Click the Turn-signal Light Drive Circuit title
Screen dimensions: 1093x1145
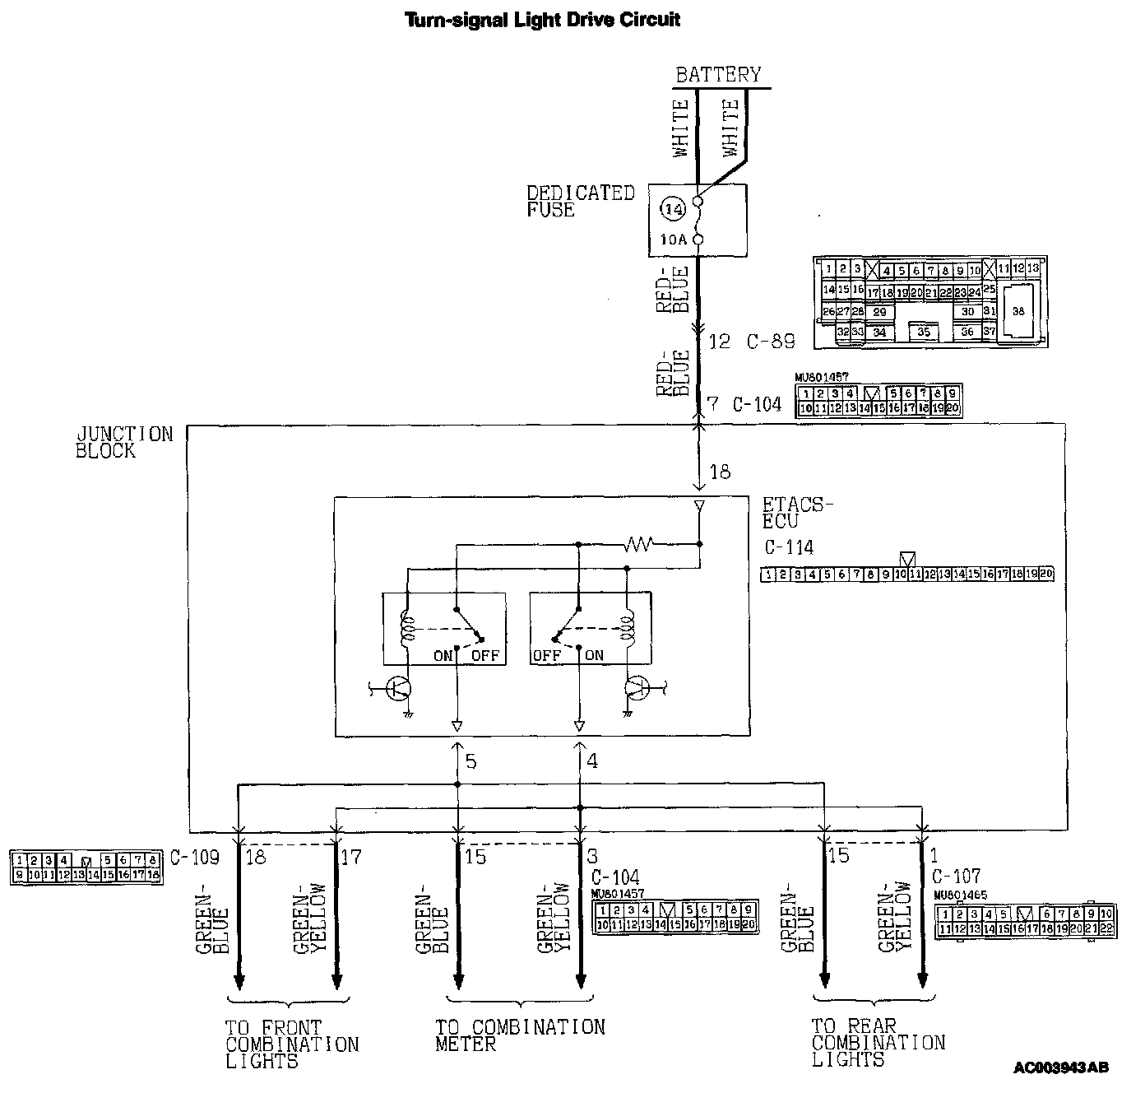coord(543,19)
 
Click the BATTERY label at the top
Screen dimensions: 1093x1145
coord(718,75)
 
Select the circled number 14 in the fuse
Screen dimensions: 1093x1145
coord(673,209)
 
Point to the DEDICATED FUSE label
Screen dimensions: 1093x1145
coord(580,201)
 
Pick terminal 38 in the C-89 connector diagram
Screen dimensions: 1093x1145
coord(1018,311)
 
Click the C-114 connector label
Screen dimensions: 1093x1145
coord(788,547)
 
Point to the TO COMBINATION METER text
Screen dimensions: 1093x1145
coord(519,1035)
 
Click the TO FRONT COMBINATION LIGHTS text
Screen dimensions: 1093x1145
coord(291,1044)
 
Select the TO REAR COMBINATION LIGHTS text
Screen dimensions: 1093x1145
coord(878,1043)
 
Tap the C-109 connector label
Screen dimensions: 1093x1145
coord(195,857)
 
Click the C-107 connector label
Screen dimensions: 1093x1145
coord(956,877)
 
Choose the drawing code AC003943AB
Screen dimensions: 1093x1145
coord(1060,1068)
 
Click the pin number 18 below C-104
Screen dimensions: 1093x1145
coord(720,472)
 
